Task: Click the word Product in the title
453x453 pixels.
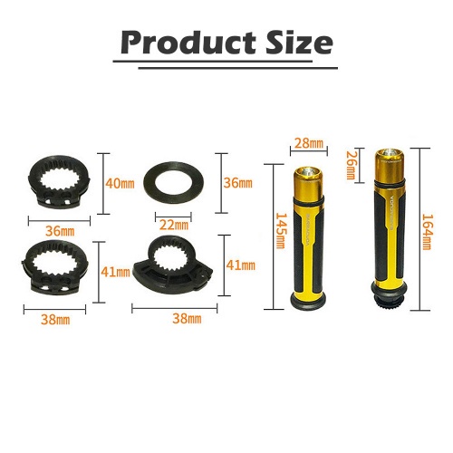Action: pyautogui.click(x=188, y=43)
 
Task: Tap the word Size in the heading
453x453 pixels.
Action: pyautogui.click(x=299, y=43)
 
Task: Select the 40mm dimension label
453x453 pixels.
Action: pyautogui.click(x=120, y=183)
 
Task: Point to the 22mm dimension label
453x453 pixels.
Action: pyautogui.click(x=174, y=225)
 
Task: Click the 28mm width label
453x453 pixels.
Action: pyautogui.click(x=309, y=143)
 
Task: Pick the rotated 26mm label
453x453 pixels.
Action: pyautogui.click(x=351, y=165)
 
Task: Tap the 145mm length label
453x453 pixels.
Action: pyautogui.click(x=281, y=231)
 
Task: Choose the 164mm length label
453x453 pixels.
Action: pyautogui.click(x=427, y=232)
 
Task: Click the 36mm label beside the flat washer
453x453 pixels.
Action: pyautogui.click(x=237, y=183)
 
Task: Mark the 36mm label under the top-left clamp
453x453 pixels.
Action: pyautogui.click(x=60, y=231)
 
